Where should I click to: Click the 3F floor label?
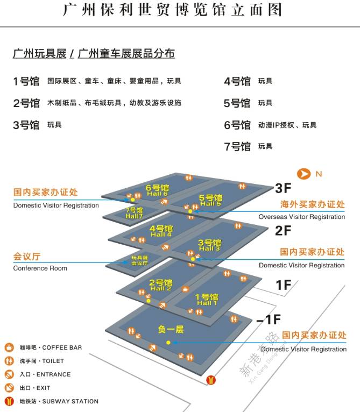[283, 188]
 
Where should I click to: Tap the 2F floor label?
[283, 231]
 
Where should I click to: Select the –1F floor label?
[269, 319]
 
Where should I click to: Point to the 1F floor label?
[283, 285]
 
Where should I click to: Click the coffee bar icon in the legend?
[9, 347]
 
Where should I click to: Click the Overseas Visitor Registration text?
[301, 217]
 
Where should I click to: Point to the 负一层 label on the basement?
[171, 329]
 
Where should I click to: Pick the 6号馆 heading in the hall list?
[237, 125]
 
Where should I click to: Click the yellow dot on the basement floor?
[168, 343]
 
